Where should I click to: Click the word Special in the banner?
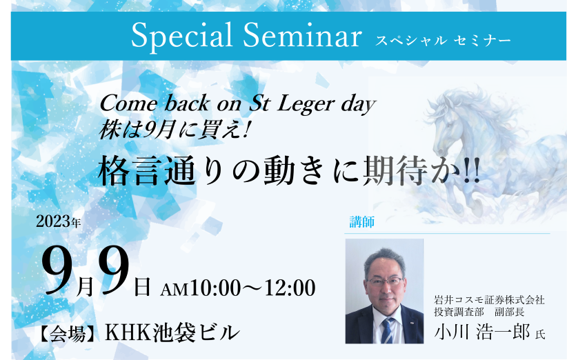coord(182,36)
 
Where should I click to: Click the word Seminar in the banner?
coord(302,34)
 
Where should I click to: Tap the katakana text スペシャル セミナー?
coord(443,40)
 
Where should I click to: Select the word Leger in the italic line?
coord(306,105)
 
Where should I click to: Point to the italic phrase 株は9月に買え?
coord(175,130)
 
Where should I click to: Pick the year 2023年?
coord(58,221)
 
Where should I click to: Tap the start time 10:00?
coord(215,288)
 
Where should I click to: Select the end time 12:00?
coord(290,288)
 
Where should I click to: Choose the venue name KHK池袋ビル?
coord(172,332)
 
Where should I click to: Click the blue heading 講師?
coord(361,222)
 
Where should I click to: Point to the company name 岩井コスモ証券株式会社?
coord(489,299)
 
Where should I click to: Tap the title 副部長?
coord(510,312)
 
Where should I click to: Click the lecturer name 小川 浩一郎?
coord(482,332)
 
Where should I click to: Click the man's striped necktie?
coord(388,330)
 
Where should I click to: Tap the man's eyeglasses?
coord(385,281)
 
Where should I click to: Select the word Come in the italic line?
coord(128,103)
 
